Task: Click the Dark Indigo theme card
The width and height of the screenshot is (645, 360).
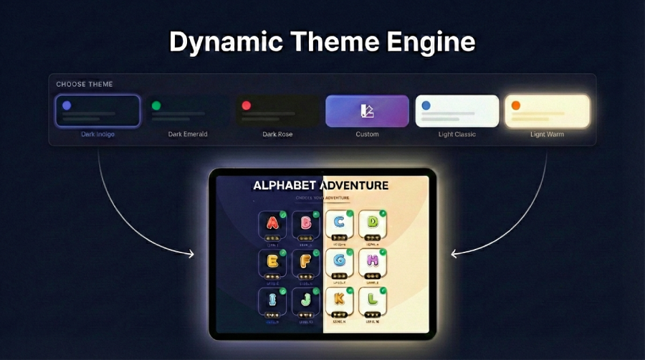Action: point(97,111)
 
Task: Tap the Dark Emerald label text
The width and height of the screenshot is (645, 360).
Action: point(188,134)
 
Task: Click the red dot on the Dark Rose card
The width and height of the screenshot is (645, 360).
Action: point(246,105)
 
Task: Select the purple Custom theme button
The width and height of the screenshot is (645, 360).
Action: point(367,111)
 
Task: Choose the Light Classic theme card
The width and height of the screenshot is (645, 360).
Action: point(457,111)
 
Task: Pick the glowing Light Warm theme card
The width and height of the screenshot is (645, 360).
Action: point(547,111)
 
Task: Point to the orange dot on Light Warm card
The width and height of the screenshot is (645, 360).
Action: point(515,105)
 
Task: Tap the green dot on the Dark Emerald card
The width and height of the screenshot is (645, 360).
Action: point(156,105)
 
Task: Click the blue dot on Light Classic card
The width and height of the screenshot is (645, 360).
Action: point(426,105)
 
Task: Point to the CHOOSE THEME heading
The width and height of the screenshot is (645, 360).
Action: point(85,85)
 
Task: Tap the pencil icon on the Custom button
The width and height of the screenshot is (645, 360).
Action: point(367,111)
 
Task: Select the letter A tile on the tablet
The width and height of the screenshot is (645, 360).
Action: point(272,224)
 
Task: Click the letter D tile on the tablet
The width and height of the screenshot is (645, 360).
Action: point(373,224)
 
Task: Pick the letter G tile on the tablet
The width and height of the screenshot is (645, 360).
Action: point(340,262)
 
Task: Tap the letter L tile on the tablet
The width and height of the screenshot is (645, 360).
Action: point(373,301)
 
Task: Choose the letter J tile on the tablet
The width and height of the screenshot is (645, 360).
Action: point(306,301)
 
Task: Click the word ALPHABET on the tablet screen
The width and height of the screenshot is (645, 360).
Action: point(285,186)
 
